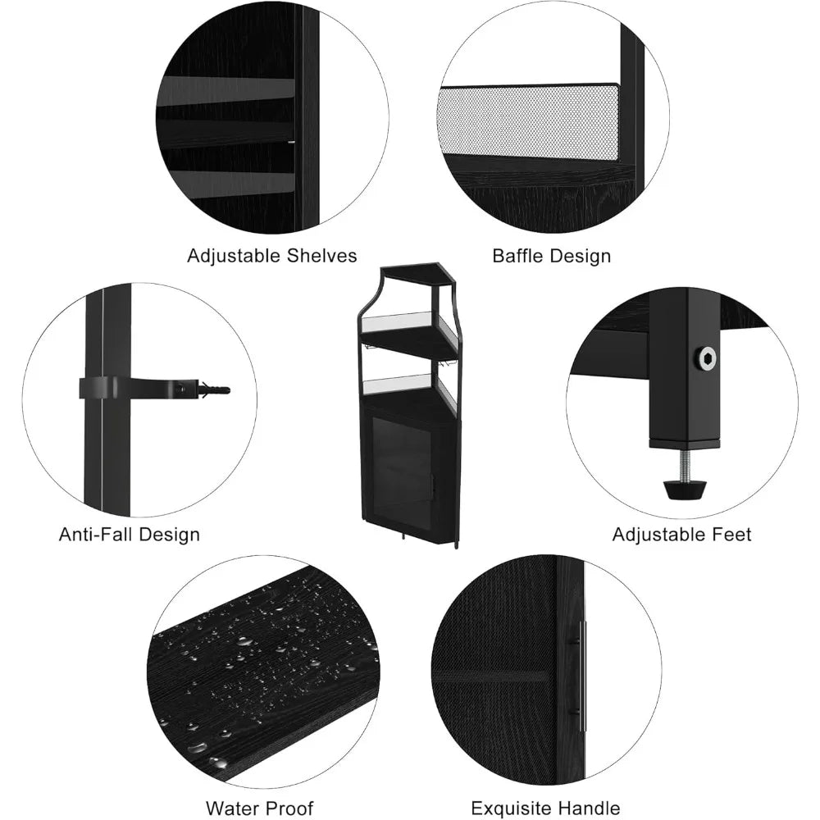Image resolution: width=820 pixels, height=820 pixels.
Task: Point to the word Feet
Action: (x=732, y=535)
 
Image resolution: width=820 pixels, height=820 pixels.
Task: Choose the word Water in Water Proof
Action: (x=233, y=808)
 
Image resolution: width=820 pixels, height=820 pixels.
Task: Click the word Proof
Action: (x=289, y=808)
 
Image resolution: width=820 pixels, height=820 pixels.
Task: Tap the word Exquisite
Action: (x=513, y=809)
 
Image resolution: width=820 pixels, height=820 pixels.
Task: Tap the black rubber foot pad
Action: (x=684, y=490)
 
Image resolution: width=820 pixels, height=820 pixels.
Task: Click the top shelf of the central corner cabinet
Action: (x=418, y=275)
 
